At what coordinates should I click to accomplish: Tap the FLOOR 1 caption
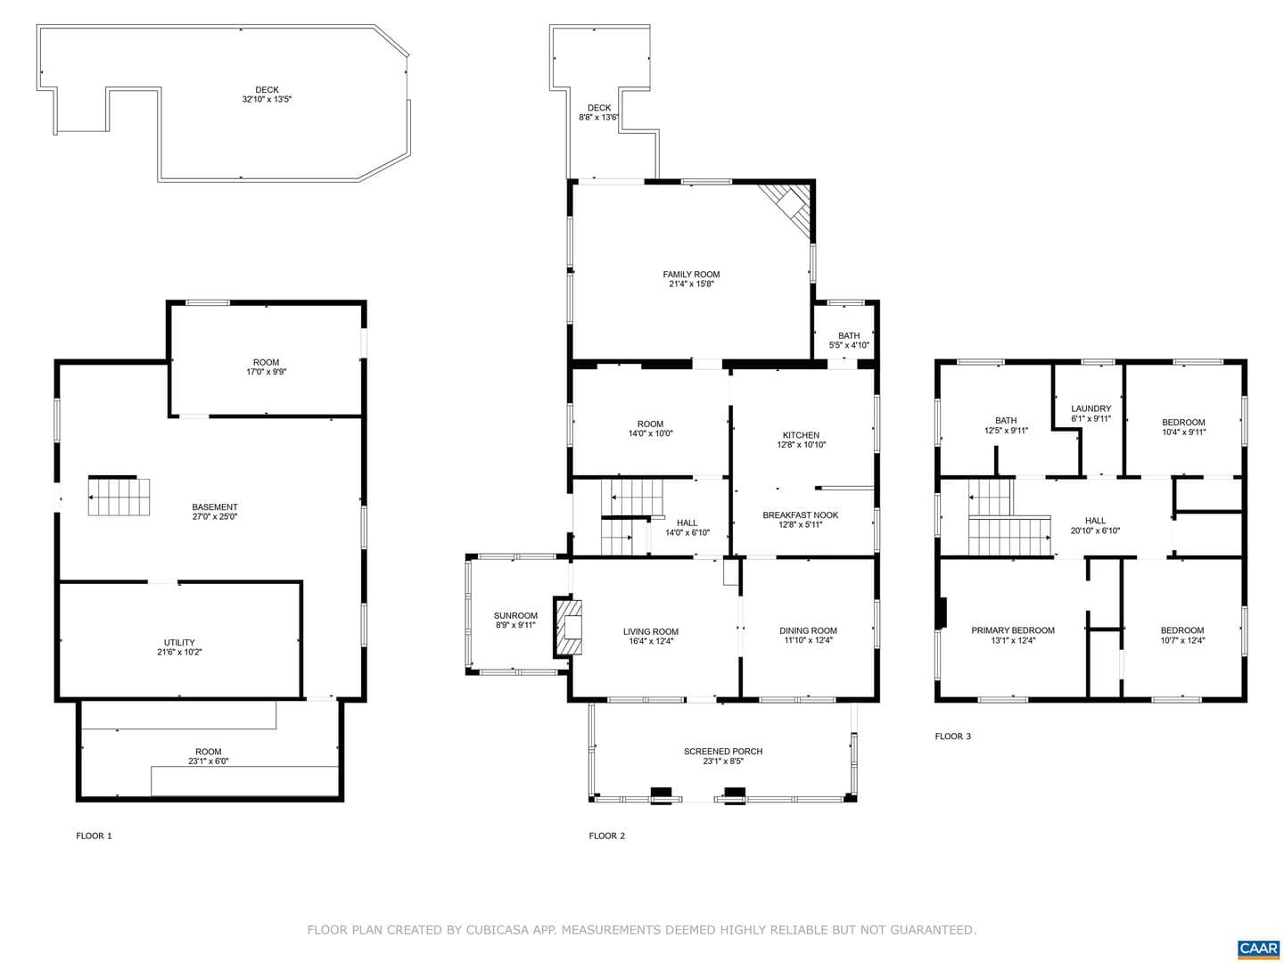(x=94, y=835)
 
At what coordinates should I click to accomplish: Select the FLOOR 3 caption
(x=952, y=737)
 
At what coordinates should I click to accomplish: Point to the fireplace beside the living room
(x=567, y=626)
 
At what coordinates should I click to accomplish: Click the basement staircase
(x=119, y=497)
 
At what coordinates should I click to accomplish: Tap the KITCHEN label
(x=801, y=435)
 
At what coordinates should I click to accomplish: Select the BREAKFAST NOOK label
(x=800, y=515)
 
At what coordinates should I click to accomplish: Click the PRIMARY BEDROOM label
(x=1013, y=630)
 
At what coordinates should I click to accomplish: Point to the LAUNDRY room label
(x=1091, y=408)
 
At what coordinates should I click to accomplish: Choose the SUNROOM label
(x=515, y=615)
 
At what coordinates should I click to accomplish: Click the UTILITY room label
(x=179, y=643)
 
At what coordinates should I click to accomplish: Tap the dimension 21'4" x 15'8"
(x=691, y=284)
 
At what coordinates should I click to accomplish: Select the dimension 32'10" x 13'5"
(x=267, y=99)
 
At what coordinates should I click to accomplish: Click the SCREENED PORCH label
(x=723, y=752)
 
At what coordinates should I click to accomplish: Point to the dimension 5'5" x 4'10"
(x=849, y=345)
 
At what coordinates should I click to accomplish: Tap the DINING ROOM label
(x=808, y=631)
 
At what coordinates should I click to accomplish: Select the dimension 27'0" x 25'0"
(x=215, y=517)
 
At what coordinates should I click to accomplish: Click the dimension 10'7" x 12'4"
(x=1181, y=640)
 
